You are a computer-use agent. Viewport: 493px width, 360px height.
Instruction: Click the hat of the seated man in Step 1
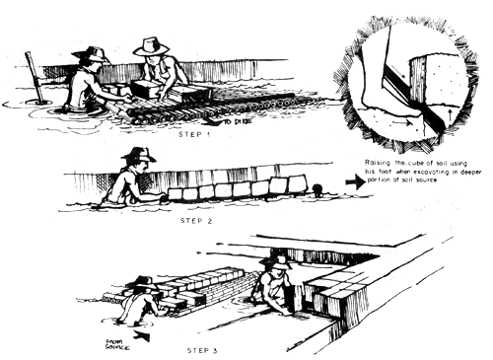[x=151, y=46]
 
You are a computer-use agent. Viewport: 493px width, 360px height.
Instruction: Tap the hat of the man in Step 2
[x=137, y=154]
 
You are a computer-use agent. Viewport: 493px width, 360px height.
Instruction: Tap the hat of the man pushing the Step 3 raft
[x=143, y=283]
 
